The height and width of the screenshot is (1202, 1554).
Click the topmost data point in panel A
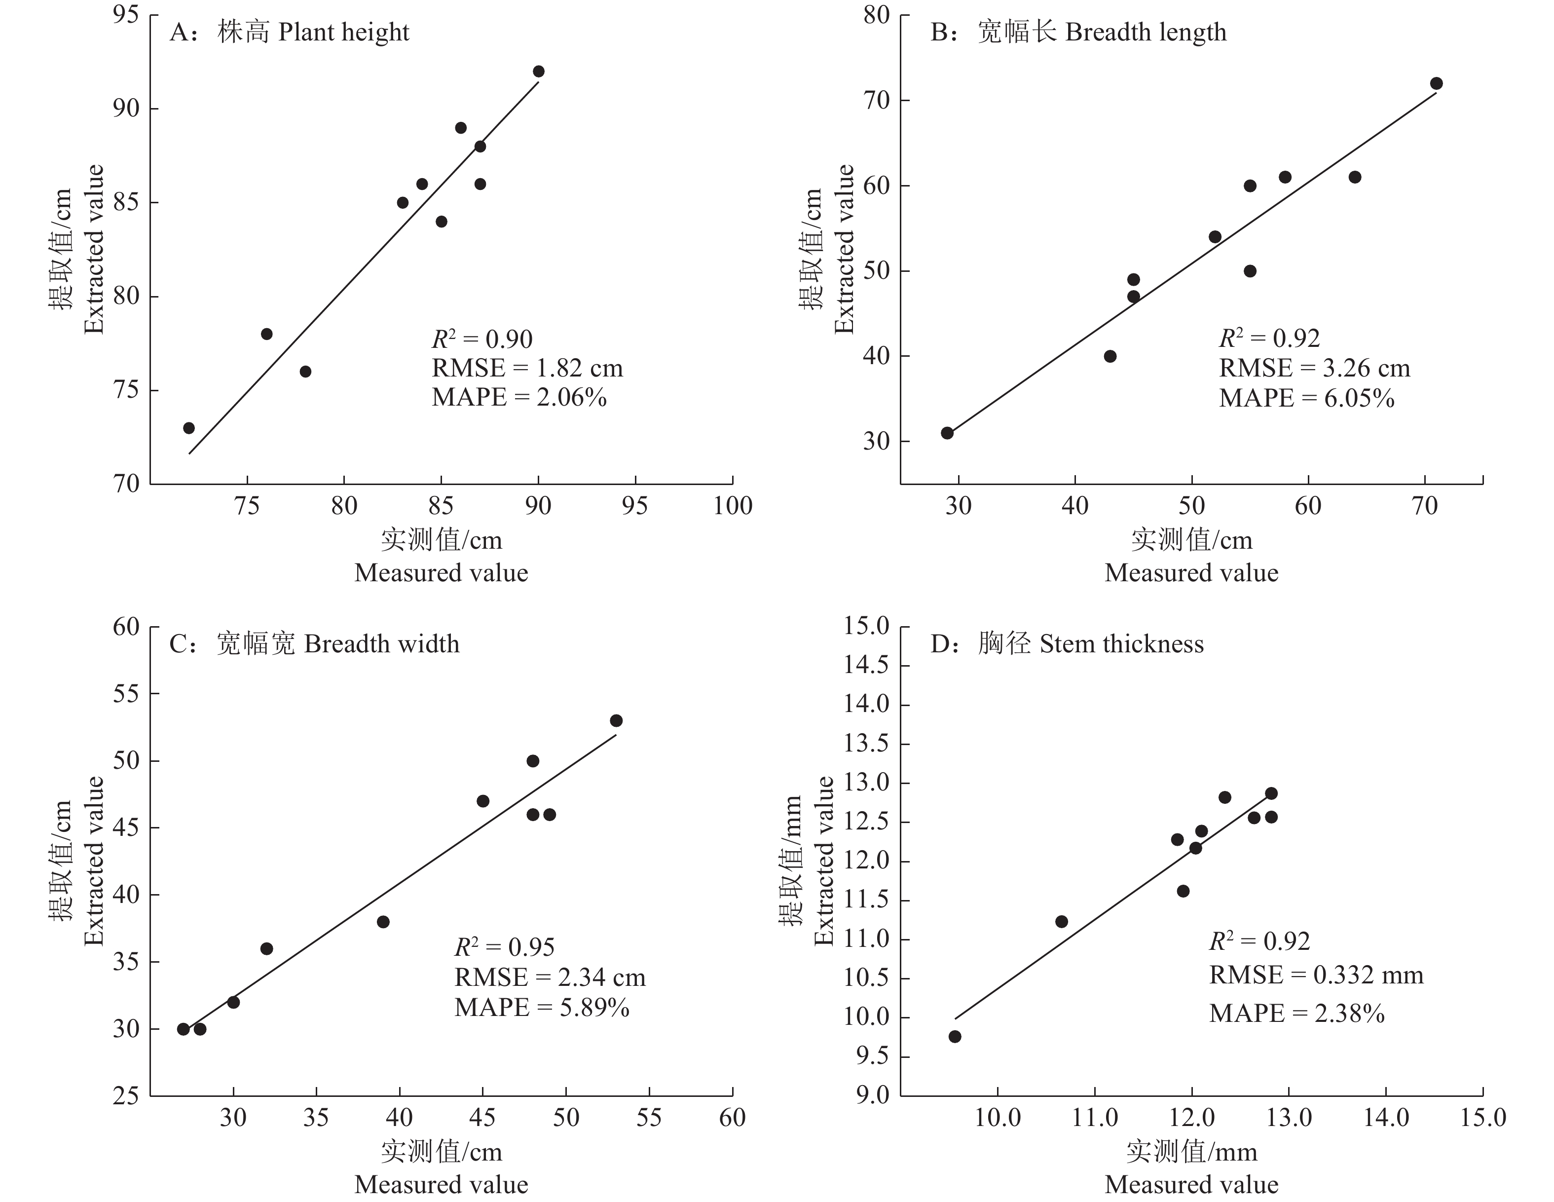(x=539, y=71)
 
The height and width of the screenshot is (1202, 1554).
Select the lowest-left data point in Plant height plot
(x=188, y=428)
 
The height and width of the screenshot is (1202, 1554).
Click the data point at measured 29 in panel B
(x=947, y=433)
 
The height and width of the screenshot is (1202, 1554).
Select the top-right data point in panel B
(x=1436, y=83)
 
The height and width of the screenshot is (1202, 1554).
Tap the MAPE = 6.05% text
(x=1306, y=398)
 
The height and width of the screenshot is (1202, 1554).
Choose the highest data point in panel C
(x=616, y=720)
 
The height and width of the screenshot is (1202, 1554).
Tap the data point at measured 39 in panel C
(x=383, y=922)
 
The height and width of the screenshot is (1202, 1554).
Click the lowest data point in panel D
(x=955, y=1036)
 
